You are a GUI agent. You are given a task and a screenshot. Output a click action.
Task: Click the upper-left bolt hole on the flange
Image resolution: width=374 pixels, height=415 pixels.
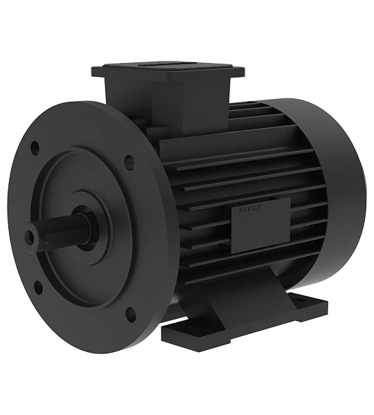click(35, 147)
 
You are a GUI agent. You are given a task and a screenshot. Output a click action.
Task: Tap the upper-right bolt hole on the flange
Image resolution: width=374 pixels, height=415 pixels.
click(130, 163)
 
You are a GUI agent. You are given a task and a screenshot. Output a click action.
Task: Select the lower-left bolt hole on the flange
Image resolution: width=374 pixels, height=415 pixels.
click(37, 284)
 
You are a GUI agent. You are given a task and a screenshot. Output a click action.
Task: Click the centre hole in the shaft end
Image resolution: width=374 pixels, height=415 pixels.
click(30, 237)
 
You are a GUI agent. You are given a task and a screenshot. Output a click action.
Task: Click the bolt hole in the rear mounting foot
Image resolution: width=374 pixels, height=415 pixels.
click(310, 302)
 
